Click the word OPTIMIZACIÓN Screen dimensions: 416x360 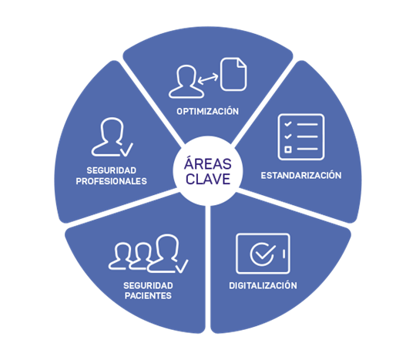click(x=208, y=111)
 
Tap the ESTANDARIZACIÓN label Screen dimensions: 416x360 click(x=301, y=175)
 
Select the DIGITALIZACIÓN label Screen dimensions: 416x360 click(x=263, y=285)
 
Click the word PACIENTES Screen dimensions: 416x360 click(x=148, y=295)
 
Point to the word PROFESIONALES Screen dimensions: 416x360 click(x=112, y=181)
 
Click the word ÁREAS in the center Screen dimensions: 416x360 click(x=208, y=163)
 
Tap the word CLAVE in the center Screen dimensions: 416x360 click(x=208, y=179)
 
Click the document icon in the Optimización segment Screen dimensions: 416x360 click(x=233, y=74)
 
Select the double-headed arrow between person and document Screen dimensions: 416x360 click(x=208, y=79)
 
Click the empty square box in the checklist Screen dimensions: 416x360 click(x=288, y=150)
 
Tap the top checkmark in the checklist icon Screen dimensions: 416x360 click(x=288, y=123)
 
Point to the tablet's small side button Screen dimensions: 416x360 click(x=283, y=254)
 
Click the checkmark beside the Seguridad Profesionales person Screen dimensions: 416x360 click(x=127, y=150)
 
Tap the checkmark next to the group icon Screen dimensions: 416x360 click(x=183, y=266)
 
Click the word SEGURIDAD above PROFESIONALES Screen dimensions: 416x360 click(x=112, y=170)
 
